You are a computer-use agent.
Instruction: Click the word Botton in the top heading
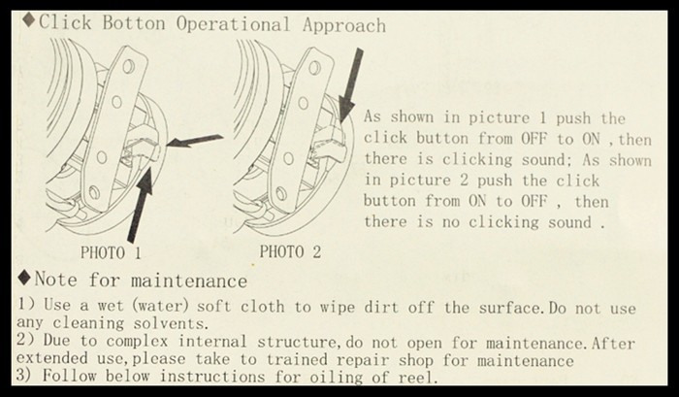click(x=134, y=23)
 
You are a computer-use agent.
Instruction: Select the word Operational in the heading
click(x=233, y=24)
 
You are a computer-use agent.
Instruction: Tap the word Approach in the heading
click(x=344, y=25)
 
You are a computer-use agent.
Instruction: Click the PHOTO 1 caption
click(x=111, y=252)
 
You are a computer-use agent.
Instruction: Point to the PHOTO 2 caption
click(x=290, y=251)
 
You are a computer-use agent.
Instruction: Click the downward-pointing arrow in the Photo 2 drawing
click(x=350, y=85)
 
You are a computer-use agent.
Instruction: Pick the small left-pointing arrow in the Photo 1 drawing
click(x=195, y=141)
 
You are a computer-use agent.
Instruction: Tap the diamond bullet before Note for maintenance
click(x=25, y=277)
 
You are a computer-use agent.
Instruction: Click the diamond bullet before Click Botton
click(x=29, y=20)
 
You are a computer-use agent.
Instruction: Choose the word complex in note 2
click(x=137, y=342)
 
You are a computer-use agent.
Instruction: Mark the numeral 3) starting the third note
click(x=24, y=375)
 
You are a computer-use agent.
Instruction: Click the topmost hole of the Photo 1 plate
click(x=129, y=66)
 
